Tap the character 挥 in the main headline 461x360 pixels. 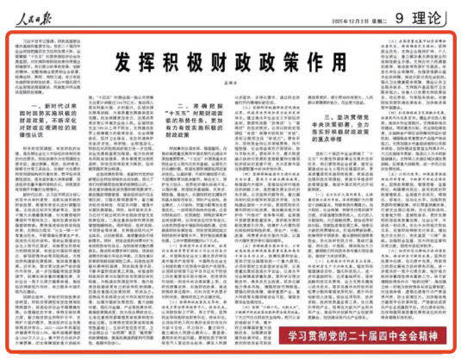(x=146, y=62)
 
